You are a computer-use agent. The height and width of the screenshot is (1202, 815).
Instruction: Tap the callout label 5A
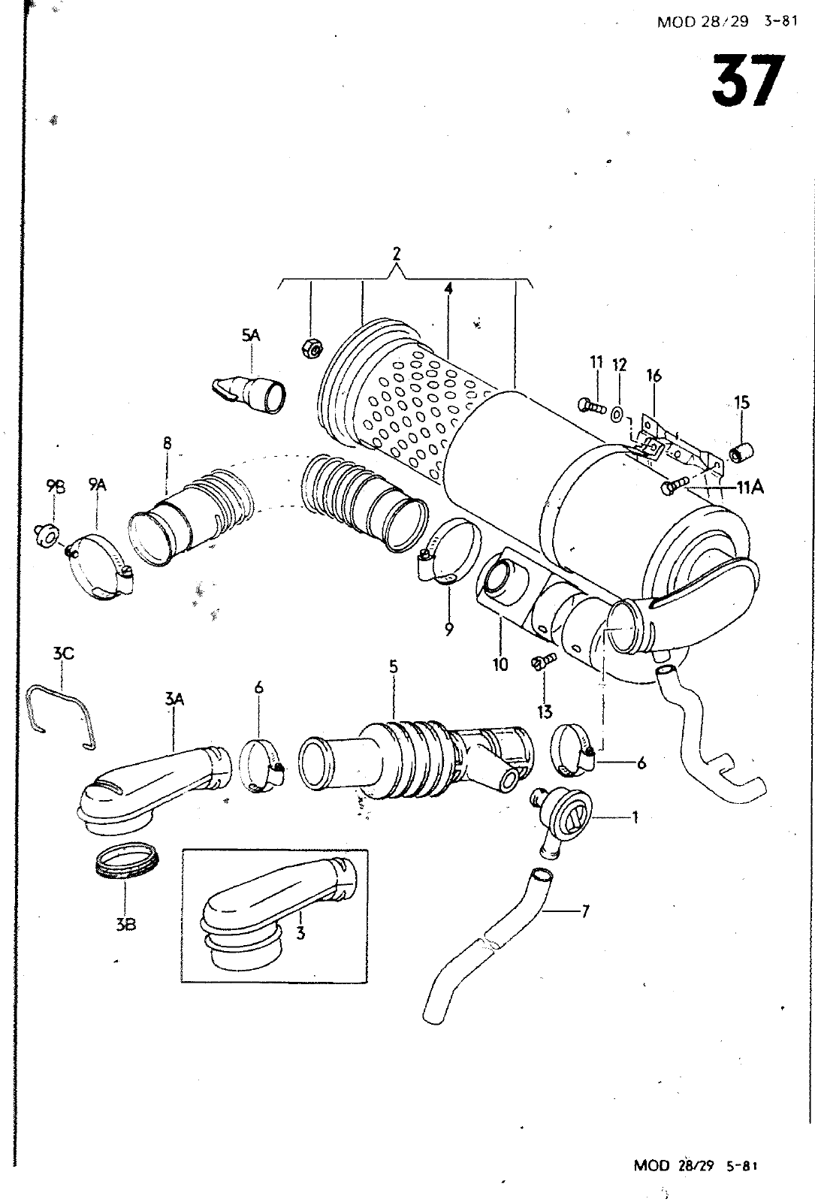point(250,335)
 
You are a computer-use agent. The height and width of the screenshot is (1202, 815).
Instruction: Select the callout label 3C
point(63,653)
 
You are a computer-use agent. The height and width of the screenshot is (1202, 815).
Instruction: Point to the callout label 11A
point(750,488)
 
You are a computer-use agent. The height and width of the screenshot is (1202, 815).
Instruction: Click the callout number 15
point(741,402)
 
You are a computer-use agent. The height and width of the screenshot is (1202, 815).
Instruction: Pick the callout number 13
point(545,712)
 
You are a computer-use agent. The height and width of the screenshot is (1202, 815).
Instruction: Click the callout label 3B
point(125,924)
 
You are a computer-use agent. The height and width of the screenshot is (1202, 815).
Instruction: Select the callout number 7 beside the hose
point(585,911)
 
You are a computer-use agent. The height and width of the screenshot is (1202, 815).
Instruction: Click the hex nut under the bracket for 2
point(312,349)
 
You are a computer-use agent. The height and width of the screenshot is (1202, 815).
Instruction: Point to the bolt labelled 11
point(592,405)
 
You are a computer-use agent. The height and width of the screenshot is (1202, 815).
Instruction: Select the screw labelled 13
point(543,660)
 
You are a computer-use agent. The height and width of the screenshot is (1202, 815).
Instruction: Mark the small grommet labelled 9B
point(48,533)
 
